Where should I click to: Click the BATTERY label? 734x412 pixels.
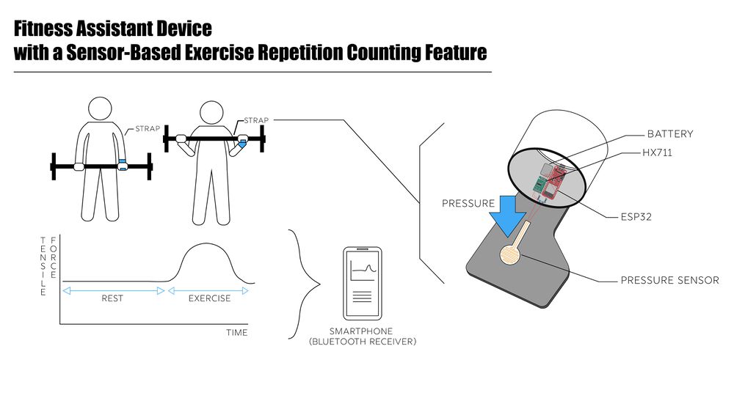pos(670,134)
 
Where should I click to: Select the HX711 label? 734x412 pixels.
pos(657,153)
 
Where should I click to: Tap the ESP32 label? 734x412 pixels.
pos(636,217)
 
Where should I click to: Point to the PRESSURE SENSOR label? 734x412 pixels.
pos(670,281)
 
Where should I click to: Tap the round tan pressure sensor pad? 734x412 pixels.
pos(510,255)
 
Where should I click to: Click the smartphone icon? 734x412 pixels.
pos(363,284)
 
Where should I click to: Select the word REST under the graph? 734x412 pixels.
pos(112,298)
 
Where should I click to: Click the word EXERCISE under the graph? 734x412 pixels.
pos(210,298)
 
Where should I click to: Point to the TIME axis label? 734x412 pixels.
pos(237,333)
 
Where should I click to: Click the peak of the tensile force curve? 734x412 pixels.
pos(205,243)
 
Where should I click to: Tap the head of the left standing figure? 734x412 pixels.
pos(100,108)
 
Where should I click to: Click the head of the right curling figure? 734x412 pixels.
pos(211,113)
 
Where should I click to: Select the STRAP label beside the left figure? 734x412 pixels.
pos(148,128)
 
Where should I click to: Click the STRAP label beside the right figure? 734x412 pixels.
pos(256,120)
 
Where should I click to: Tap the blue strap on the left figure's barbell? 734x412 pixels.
pos(123,165)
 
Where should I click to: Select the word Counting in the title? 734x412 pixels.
pos(383,52)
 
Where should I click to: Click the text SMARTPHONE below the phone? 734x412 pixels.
pos(361,331)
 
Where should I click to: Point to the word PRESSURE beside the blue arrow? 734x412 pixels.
pos(468,203)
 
